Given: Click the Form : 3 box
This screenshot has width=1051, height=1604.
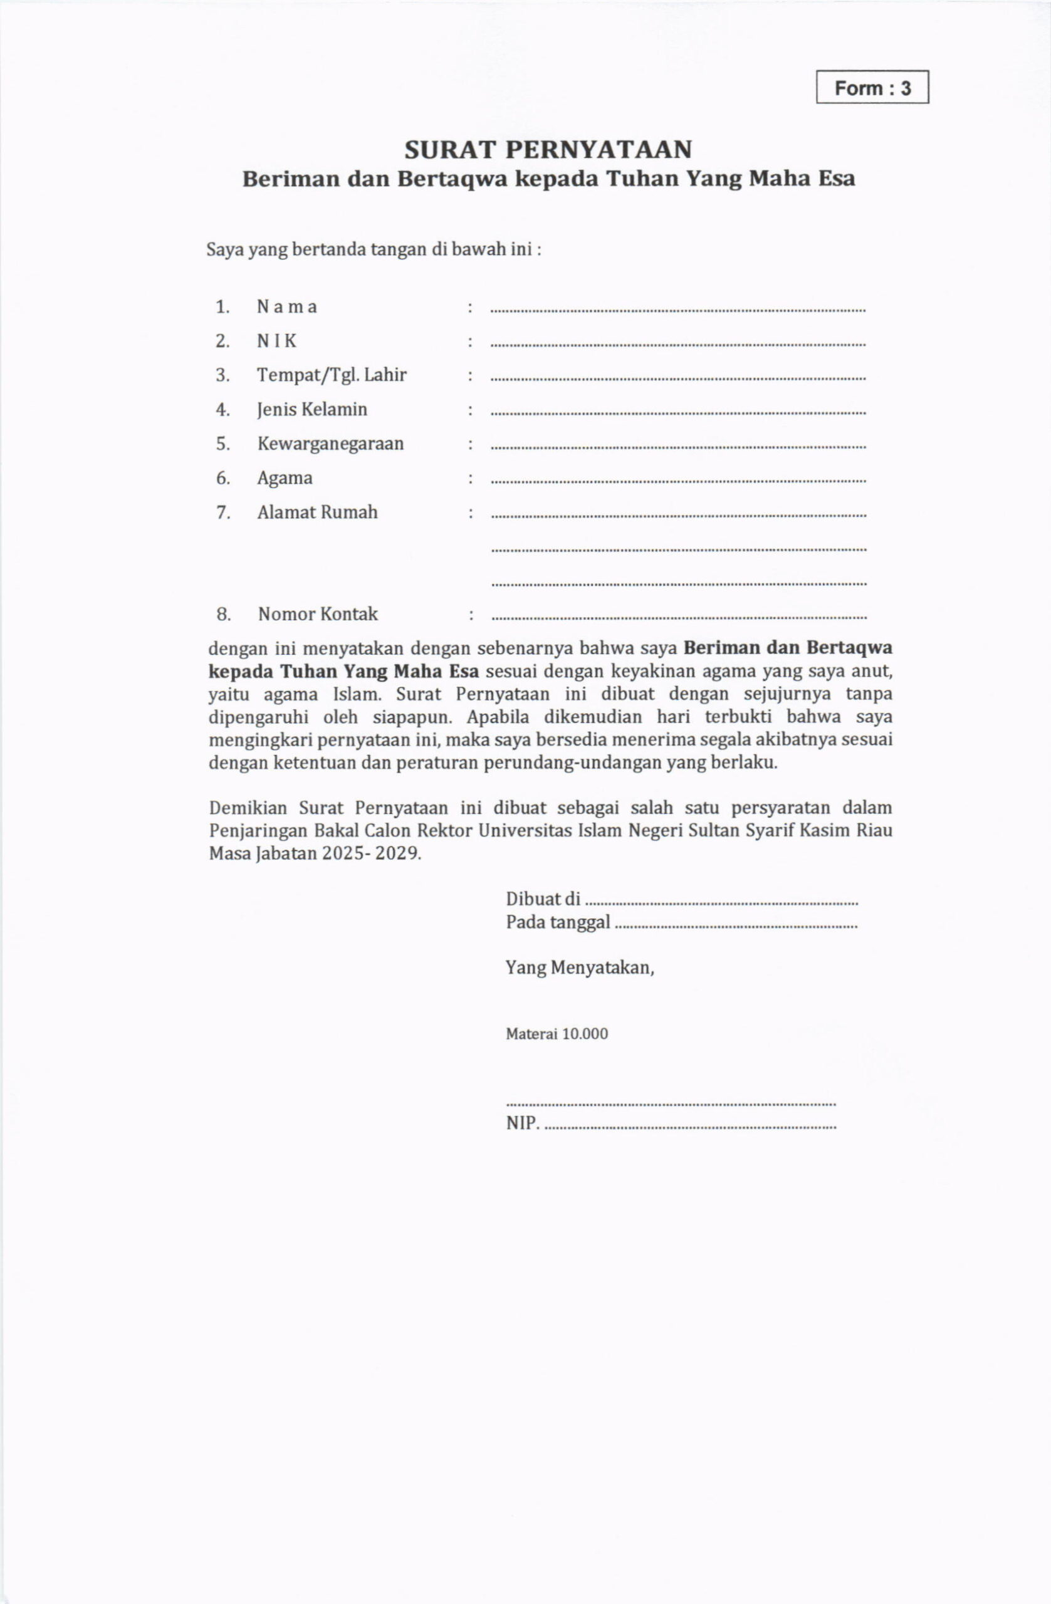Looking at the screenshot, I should click(872, 88).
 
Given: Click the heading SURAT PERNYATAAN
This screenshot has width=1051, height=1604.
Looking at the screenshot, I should click(548, 149).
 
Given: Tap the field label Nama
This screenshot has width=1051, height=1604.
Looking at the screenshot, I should click(286, 307).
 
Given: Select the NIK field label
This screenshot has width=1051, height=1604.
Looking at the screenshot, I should click(276, 341).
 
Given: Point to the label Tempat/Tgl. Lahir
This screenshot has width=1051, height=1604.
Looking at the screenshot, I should click(332, 375).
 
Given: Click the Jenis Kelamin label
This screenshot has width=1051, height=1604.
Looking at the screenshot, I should click(312, 410).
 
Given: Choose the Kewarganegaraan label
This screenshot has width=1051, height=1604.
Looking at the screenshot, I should click(330, 444).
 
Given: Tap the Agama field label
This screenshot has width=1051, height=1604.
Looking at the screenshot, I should click(285, 479).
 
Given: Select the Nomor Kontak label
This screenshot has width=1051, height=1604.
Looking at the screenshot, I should click(318, 615).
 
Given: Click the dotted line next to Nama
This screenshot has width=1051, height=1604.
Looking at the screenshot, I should click(678, 311).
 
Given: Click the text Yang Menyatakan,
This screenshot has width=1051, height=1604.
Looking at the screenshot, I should click(580, 969).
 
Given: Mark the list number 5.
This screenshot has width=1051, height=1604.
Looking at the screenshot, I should click(223, 444).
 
